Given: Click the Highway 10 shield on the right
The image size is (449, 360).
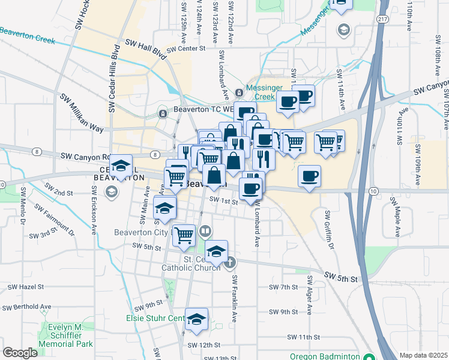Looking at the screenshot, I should [x=373, y=190].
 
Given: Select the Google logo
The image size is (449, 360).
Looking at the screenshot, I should [x=20, y=353].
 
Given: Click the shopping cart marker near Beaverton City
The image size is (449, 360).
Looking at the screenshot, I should [x=184, y=234].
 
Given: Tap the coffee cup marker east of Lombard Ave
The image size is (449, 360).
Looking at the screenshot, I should [x=309, y=176].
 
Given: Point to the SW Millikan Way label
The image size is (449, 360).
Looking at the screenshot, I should [x=81, y=113].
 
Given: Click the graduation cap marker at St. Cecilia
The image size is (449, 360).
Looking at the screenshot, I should [x=217, y=251].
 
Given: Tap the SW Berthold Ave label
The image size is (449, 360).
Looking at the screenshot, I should [x=23, y=307].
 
